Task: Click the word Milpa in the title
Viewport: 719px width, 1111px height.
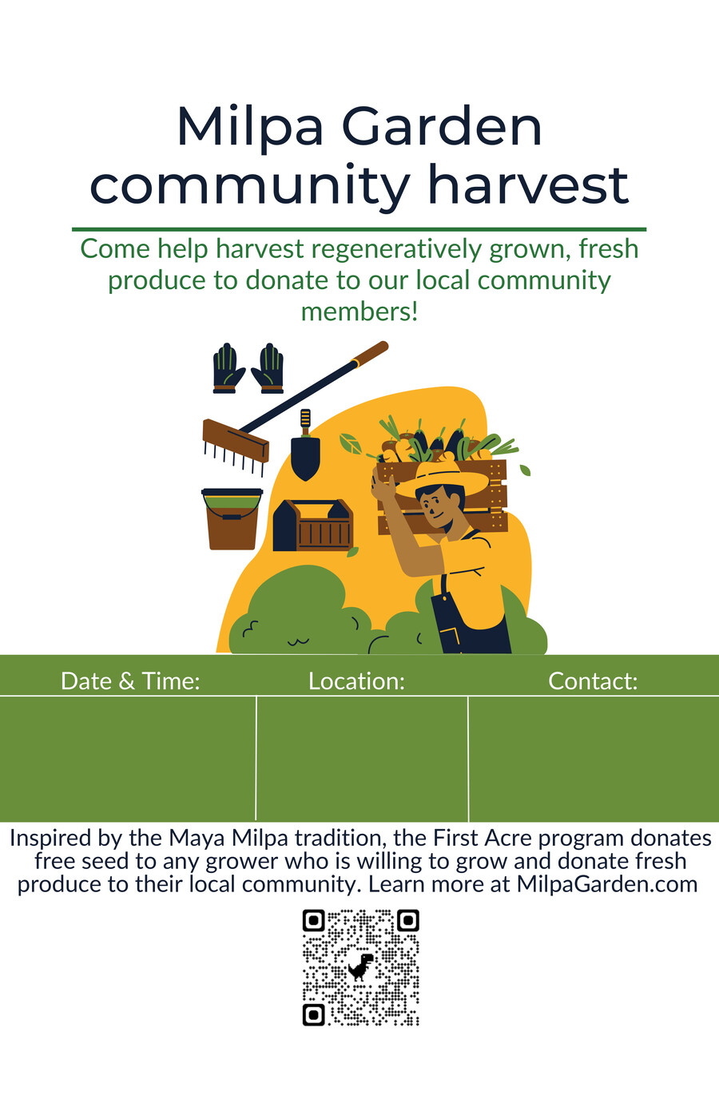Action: tap(251, 129)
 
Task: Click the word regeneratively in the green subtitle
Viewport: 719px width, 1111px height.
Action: tap(396, 249)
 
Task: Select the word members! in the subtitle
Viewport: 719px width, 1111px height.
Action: tap(359, 312)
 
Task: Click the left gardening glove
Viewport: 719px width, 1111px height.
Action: tap(228, 368)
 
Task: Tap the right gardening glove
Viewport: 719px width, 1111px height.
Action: tap(268, 368)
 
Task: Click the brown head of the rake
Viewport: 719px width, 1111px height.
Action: tap(236, 440)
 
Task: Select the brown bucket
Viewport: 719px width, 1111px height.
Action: tap(232, 519)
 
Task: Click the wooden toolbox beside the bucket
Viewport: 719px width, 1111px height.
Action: tap(312, 526)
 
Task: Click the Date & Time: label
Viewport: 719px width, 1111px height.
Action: tap(130, 681)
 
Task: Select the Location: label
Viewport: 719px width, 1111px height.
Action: tap(356, 681)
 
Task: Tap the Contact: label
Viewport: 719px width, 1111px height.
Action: tap(593, 681)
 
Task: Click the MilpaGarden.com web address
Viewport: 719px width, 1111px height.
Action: tap(607, 884)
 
